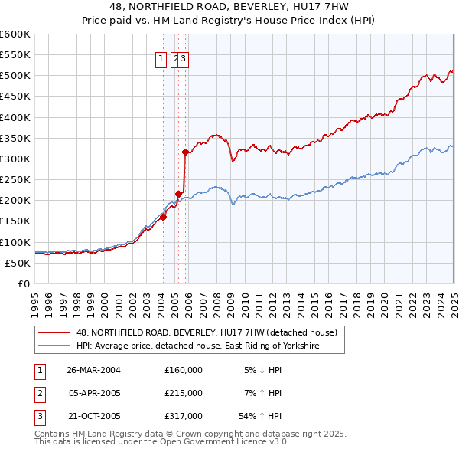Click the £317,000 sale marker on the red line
point(186,152)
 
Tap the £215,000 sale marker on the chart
point(178,194)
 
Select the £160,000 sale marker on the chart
point(163,217)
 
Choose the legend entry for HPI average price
point(197,346)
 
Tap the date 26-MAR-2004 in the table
point(93,370)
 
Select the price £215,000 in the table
point(184,393)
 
